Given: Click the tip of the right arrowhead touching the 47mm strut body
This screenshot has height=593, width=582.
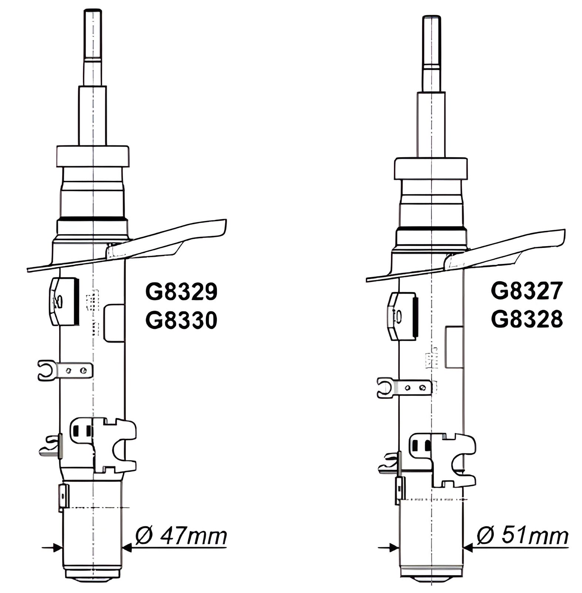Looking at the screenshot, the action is pos(122,547).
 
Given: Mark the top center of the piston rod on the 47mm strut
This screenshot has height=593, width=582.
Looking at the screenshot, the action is pos(92,9).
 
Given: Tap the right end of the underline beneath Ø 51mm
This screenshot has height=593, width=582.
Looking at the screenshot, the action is pos(569,547).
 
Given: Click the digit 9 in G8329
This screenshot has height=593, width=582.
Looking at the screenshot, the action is pos(210,292).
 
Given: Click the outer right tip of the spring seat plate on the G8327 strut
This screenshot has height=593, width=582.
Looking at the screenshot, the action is pos(564,231).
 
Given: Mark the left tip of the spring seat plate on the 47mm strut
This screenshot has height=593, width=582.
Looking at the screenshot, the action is pos(28,269).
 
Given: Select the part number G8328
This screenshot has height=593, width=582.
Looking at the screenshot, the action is pos(527,319).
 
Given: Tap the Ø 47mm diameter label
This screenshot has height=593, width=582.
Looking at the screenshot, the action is pos(181,536).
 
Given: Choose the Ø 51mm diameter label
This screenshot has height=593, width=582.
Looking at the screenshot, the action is pos(522,536).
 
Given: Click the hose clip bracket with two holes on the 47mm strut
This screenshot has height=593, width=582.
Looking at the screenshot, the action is pos(65,370).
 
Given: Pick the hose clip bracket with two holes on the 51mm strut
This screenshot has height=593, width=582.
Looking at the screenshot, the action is pos(404,388).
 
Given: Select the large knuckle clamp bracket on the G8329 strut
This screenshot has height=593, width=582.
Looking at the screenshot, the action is pos(104,445).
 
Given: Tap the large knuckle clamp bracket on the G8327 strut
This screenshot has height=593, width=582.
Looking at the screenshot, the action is pos(442,460).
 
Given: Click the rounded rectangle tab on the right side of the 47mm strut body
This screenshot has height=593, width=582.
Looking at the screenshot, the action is pos(114,323).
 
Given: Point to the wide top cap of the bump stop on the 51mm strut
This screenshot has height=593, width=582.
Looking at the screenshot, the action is pos(431,169).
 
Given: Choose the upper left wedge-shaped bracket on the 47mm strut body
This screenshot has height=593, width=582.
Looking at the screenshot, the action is pos(64,301).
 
